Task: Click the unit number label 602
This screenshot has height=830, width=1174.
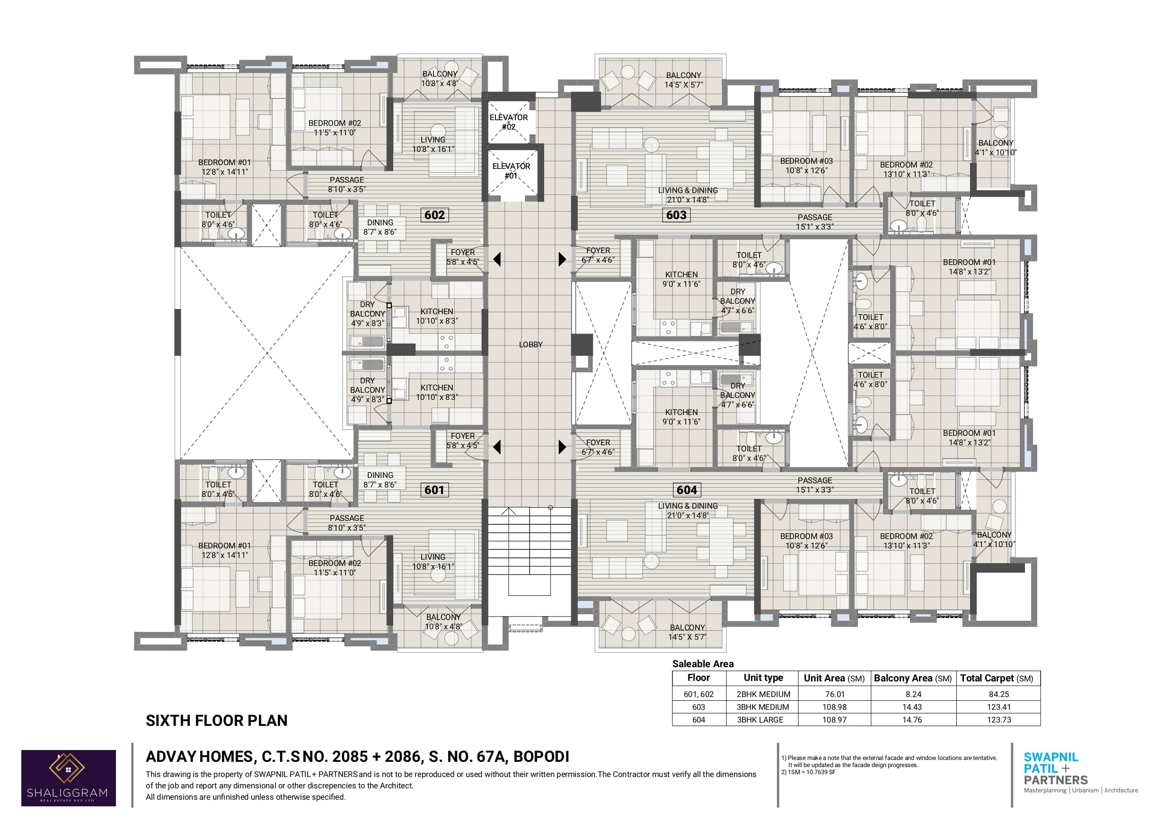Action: tap(434, 215)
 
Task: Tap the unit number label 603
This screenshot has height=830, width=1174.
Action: tap(676, 215)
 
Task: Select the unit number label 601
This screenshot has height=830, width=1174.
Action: tap(434, 490)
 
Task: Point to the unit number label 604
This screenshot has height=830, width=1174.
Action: tap(687, 490)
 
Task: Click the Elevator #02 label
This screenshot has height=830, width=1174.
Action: tap(509, 122)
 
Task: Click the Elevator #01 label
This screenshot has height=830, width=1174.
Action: tap(512, 171)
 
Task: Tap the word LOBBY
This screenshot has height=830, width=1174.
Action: tap(531, 344)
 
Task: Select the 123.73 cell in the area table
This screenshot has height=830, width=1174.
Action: tap(999, 720)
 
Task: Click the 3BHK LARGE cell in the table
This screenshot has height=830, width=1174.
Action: tap(760, 720)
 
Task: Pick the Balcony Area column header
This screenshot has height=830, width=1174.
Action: tap(913, 678)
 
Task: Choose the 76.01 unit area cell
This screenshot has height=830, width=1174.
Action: tap(835, 694)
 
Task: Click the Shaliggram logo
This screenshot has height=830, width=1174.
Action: tap(69, 778)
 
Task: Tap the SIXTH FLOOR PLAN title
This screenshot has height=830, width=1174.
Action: tap(217, 721)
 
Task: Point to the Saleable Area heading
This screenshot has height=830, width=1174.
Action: tap(703, 664)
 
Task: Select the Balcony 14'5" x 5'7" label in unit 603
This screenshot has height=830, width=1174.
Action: tap(684, 80)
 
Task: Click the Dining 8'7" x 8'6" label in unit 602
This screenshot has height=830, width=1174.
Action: tap(380, 227)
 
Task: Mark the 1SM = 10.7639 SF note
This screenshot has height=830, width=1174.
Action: tap(808, 772)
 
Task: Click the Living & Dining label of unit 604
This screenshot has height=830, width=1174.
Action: tap(688, 511)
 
